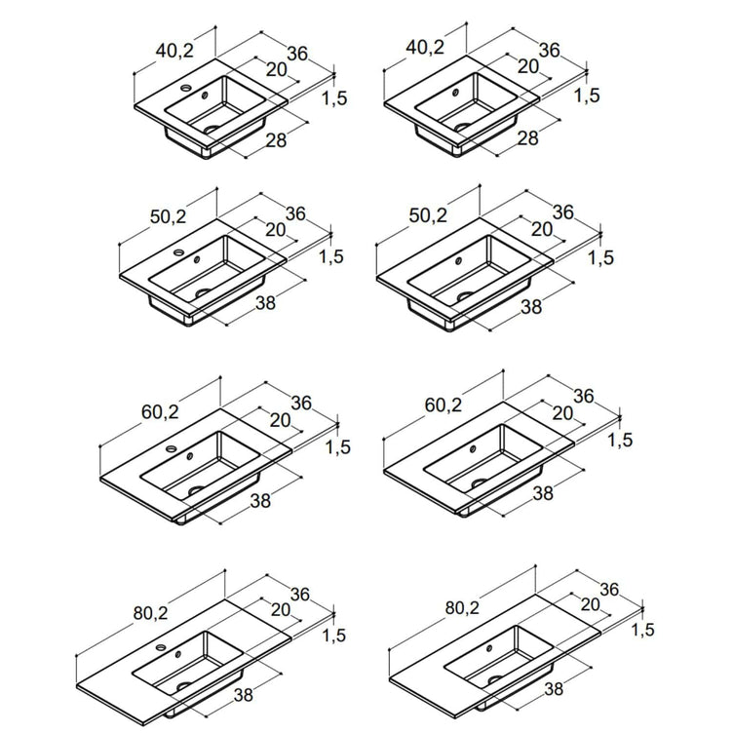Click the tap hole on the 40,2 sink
pos(186,88)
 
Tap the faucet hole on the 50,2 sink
pos(179,252)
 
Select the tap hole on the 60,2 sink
pos(172,448)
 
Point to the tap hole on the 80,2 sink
pos(161,648)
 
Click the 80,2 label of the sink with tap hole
pos(150,613)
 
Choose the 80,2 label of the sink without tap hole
pos(462,607)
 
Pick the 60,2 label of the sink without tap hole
pos(444,405)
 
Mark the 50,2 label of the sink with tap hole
pos(169,216)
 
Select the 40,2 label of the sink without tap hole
pos(425,47)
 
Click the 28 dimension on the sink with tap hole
pos(276,139)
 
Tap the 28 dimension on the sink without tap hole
pos(527,137)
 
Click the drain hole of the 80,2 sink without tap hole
pos(495,679)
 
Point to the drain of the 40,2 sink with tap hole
pos(212,129)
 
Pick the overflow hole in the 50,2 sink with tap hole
pos(197,259)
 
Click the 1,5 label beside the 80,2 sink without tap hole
pos(642,630)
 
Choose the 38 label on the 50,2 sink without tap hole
pos(531,307)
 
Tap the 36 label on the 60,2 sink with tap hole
pos(300,403)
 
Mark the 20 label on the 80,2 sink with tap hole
pos(281,609)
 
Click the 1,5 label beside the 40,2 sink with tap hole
pos(334,98)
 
